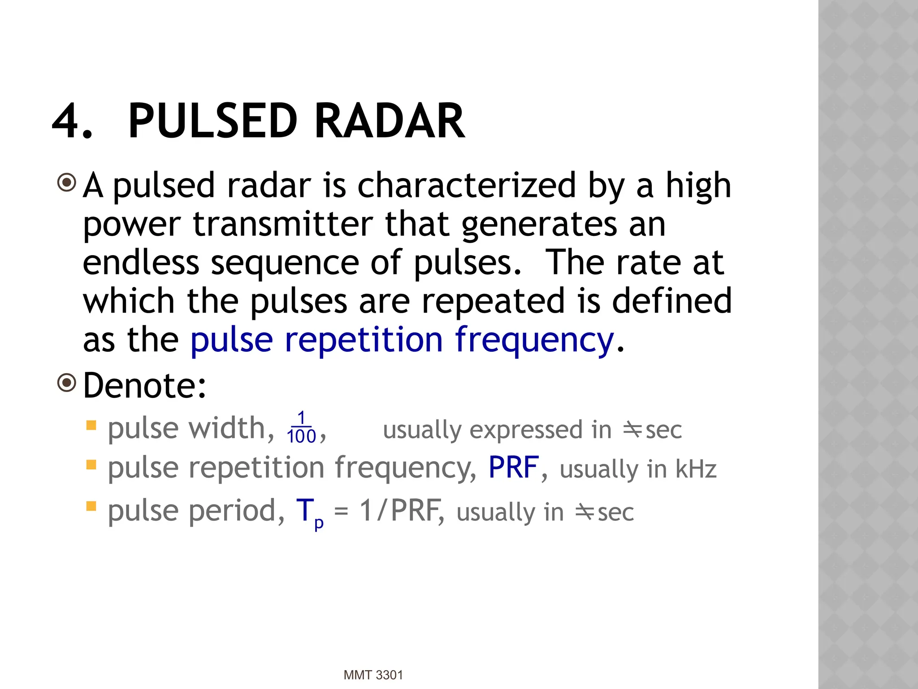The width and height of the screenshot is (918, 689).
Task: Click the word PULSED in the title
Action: click(x=212, y=121)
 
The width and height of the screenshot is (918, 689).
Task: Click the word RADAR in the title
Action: click(x=389, y=121)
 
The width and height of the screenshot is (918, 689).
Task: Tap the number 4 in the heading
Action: click(x=67, y=121)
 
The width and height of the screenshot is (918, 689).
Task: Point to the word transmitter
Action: click(x=282, y=224)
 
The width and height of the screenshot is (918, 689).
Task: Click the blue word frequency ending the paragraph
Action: click(x=534, y=340)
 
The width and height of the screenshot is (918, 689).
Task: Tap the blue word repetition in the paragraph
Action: click(x=364, y=340)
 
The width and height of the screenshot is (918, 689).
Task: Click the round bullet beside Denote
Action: click(x=67, y=383)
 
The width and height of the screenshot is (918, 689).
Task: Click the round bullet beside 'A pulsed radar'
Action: click(x=67, y=183)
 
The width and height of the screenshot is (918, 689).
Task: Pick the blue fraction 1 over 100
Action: click(x=301, y=428)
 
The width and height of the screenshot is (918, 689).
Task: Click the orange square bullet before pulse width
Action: click(x=91, y=425)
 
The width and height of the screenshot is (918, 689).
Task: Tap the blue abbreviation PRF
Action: click(x=513, y=467)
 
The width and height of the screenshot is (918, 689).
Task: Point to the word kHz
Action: click(x=696, y=469)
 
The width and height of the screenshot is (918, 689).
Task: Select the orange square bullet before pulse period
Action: click(x=91, y=506)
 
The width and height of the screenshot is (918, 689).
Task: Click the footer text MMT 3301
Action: click(x=373, y=675)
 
